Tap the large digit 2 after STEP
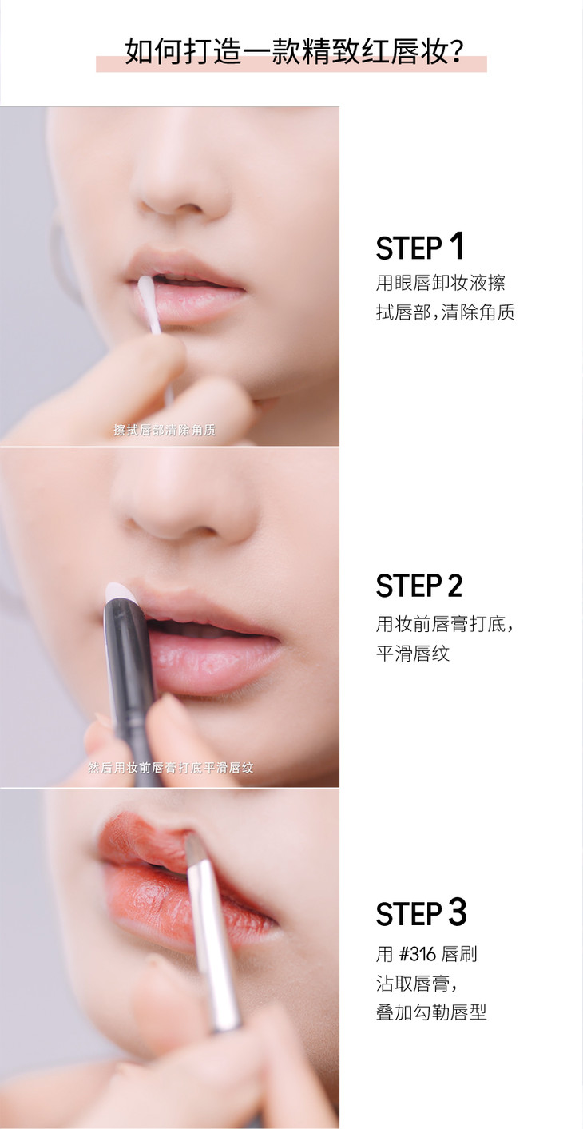point(455,586)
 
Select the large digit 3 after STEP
point(457,912)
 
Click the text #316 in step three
point(417,954)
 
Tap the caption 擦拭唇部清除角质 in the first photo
point(165,430)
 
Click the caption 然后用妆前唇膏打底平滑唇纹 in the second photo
point(170,768)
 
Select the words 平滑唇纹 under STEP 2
point(413,654)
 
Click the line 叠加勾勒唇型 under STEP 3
point(431,1012)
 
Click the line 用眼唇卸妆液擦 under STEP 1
point(440,283)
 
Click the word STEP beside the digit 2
point(408,586)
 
